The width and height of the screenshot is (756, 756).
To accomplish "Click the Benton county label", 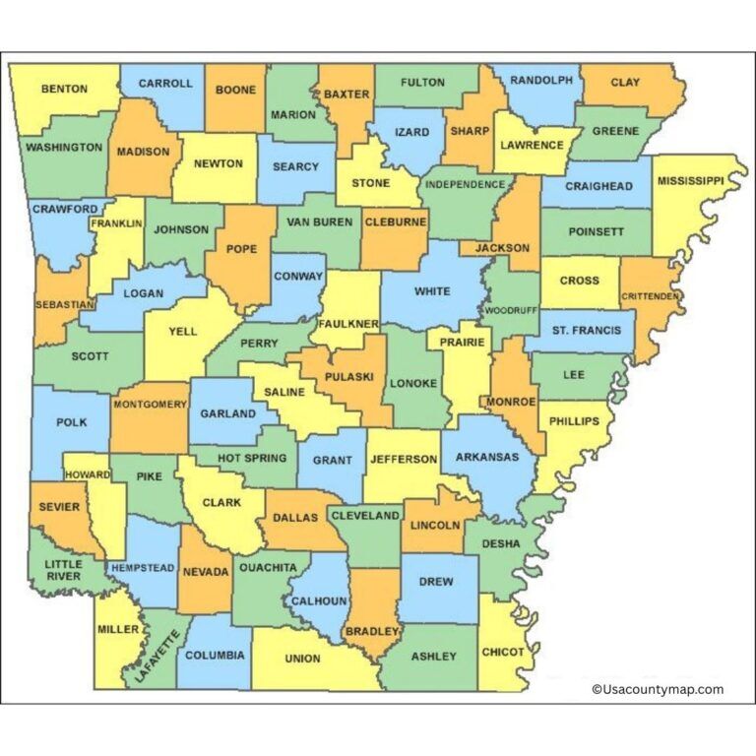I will click(64, 89).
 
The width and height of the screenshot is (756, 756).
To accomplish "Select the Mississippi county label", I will click(690, 181).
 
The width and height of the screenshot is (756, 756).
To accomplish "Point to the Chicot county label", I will click(503, 652).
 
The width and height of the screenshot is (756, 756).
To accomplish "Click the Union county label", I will click(302, 659).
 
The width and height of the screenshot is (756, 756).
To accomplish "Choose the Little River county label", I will click(63, 570).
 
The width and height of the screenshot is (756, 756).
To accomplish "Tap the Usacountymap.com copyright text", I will click(658, 690).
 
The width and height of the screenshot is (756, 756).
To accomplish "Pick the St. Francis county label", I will click(586, 330).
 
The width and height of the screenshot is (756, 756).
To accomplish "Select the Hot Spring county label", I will click(252, 458).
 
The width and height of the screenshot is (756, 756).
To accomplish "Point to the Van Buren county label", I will click(319, 222).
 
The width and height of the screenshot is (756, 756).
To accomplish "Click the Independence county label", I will click(466, 184).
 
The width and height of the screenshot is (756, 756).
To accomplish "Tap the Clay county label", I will click(625, 83).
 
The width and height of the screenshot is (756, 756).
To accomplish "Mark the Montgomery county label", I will click(150, 404).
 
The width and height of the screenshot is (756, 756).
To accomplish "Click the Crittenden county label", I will click(652, 296).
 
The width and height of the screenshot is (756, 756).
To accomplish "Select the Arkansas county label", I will click(486, 457).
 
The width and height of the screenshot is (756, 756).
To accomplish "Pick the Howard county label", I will click(89, 474).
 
